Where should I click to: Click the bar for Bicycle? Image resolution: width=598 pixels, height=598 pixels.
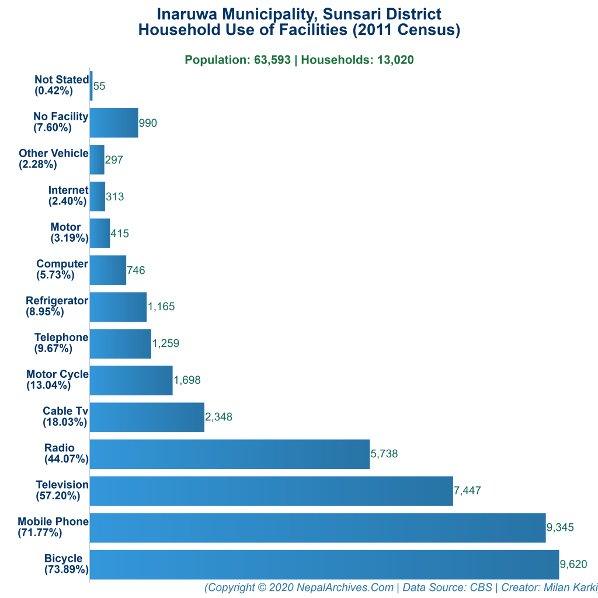click(x=324, y=564)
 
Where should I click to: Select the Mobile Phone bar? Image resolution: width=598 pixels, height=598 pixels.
click(x=317, y=527)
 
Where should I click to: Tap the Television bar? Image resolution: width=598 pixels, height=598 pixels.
click(x=271, y=491)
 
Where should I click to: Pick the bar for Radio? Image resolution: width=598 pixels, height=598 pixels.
click(x=230, y=454)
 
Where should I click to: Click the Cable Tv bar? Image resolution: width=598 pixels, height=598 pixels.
click(x=147, y=417)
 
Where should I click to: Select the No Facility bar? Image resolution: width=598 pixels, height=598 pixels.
click(x=114, y=123)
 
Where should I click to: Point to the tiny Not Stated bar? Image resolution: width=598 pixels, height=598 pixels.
click(x=91, y=86)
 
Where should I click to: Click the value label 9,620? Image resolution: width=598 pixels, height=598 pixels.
click(x=573, y=564)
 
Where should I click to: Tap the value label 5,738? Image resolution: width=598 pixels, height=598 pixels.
click(x=384, y=454)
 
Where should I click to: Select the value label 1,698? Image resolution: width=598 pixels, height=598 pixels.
click(x=187, y=380)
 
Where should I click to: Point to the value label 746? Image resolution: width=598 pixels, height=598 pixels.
click(x=136, y=270)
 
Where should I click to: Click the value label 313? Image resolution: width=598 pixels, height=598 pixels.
click(x=115, y=197)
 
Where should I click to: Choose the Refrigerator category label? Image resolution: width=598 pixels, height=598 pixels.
click(x=57, y=301)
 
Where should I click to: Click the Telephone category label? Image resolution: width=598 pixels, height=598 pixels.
click(x=61, y=338)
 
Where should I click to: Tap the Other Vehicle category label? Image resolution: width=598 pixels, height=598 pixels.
click(x=54, y=154)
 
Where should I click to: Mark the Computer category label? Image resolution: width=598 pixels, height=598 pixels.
click(x=62, y=264)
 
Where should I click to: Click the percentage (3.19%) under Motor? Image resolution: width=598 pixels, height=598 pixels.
click(x=69, y=238)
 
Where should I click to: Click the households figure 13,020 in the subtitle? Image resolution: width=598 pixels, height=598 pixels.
click(x=396, y=60)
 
